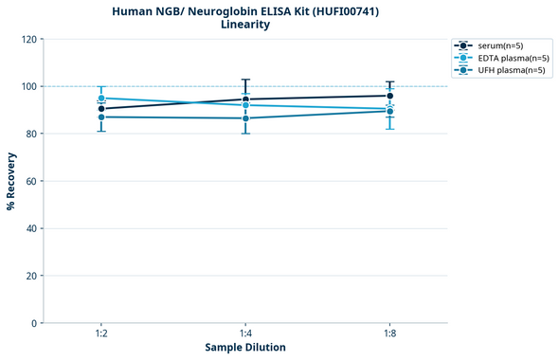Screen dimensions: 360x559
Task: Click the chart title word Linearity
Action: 245,25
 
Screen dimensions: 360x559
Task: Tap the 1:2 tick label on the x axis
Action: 100,334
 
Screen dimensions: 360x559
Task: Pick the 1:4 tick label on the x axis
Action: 245,334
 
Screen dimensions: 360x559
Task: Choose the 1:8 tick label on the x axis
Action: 389,334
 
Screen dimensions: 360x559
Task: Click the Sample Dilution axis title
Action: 245,348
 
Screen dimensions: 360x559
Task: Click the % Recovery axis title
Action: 11,181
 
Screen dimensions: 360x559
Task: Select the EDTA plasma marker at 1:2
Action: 101,99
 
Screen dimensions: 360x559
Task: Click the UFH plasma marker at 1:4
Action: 245,118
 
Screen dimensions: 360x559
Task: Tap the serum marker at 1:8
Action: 389,96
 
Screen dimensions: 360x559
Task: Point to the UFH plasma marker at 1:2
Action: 101,117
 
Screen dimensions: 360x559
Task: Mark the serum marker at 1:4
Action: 245,99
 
